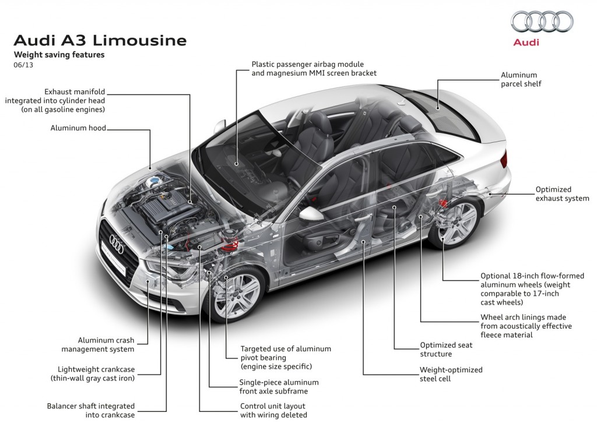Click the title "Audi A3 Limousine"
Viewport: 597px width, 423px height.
tap(100, 41)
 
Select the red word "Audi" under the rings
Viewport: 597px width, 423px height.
tap(526, 42)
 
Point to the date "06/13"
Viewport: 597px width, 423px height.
tap(21, 65)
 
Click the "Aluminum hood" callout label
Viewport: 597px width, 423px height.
tap(78, 128)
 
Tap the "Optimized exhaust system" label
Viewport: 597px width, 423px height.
tap(562, 194)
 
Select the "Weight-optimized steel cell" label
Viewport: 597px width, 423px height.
tap(451, 374)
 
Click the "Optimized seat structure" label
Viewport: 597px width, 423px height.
tap(446, 350)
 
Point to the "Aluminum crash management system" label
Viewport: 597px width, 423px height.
tap(106, 344)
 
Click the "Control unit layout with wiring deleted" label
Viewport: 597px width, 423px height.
tap(273, 410)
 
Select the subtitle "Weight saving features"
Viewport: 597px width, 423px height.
tap(59, 55)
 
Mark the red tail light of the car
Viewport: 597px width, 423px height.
tap(503, 160)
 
